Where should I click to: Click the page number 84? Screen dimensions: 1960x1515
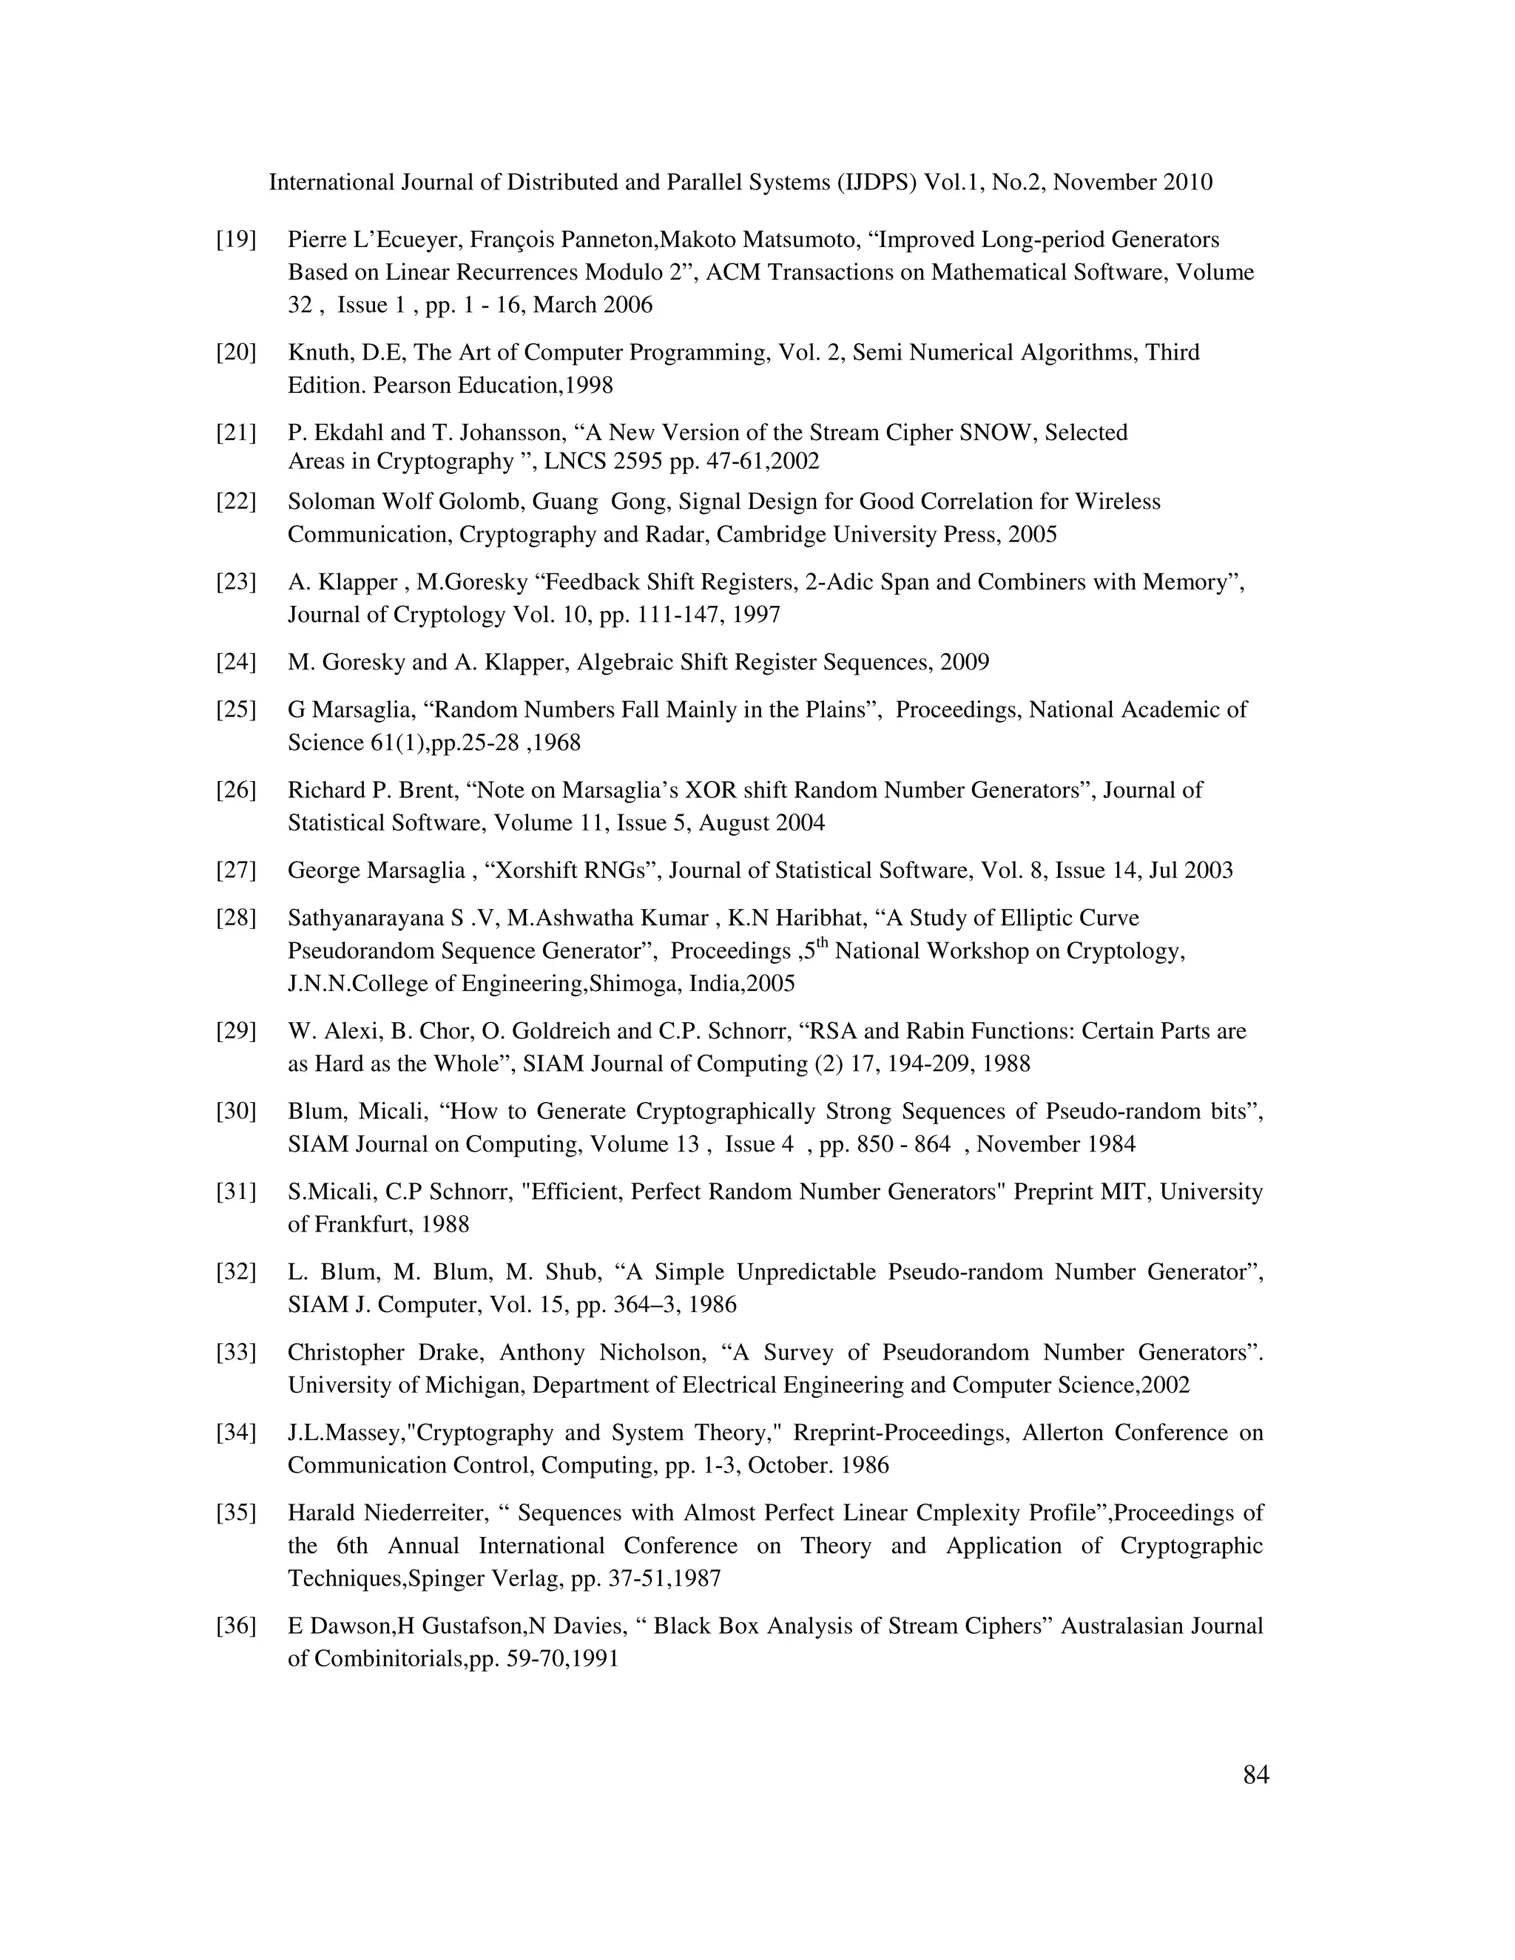(x=1255, y=1775)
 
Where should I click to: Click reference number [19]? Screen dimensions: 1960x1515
(x=235, y=240)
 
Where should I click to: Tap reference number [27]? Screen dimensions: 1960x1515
(x=235, y=871)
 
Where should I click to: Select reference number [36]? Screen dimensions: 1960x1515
(x=235, y=1626)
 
